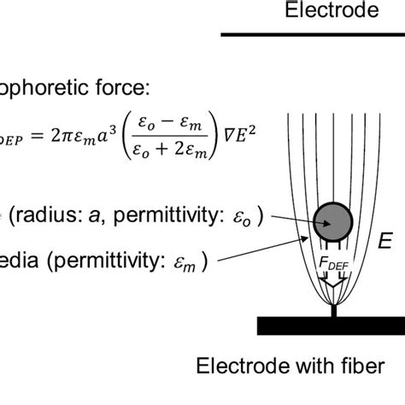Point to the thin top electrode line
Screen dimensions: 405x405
click(x=313, y=35)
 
